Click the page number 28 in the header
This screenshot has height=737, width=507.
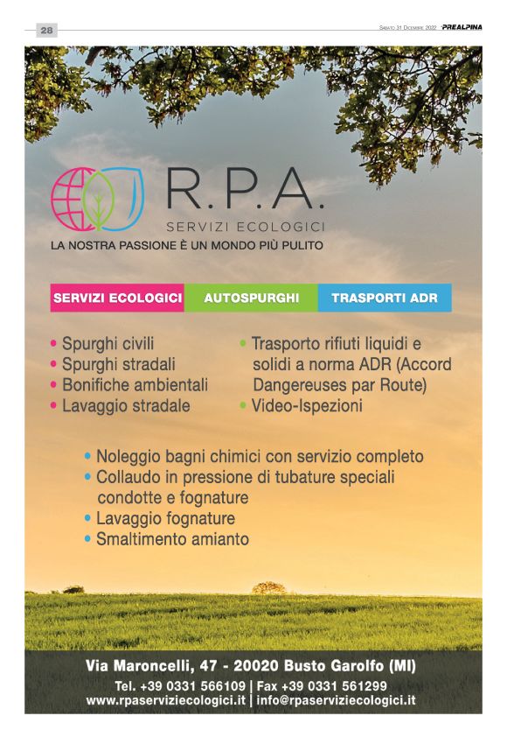click(46, 30)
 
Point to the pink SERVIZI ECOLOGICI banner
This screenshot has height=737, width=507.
click(117, 298)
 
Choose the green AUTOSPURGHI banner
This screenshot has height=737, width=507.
click(251, 298)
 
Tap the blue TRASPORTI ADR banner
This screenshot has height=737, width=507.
click(385, 298)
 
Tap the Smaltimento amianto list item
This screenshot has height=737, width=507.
click(172, 539)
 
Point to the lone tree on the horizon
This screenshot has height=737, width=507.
click(268, 587)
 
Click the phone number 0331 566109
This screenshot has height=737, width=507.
click(202, 685)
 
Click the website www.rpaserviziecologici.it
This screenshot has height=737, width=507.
click(165, 700)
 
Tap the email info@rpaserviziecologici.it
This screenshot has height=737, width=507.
click(337, 700)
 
